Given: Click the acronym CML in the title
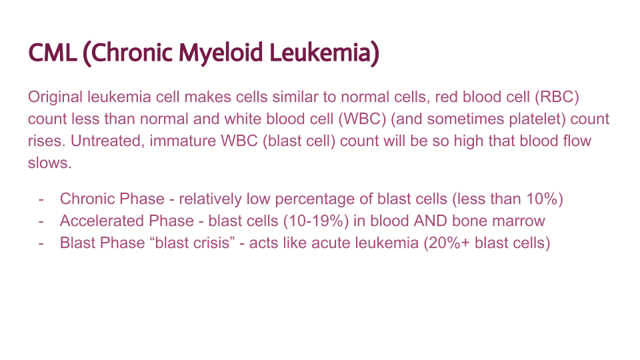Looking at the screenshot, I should click(52, 53).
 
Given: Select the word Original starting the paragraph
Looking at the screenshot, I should click(55, 97).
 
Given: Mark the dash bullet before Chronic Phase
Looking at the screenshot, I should click(42, 199).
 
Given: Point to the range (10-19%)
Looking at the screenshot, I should click(294, 221).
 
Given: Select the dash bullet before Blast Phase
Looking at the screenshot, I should click(42, 243).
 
